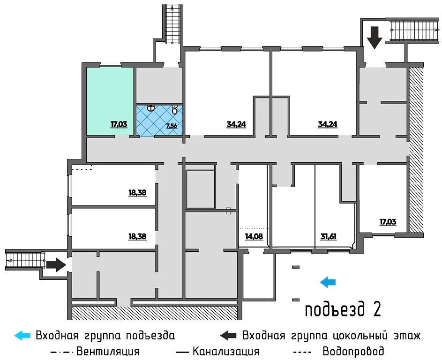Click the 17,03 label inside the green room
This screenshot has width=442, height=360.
[120, 125]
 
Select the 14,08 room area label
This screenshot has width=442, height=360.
[254, 236]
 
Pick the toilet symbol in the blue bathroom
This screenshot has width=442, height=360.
[174, 110]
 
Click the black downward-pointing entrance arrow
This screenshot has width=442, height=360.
[375, 37]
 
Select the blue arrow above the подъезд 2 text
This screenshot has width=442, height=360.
[328, 281]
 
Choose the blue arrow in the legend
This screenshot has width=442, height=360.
[22, 336]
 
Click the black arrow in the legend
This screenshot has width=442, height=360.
[228, 336]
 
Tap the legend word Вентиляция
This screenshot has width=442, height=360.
[107, 351]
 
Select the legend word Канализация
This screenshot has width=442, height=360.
[225, 351]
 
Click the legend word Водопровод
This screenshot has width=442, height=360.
[353, 351]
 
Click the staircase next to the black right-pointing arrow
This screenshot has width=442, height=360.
[23, 259]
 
